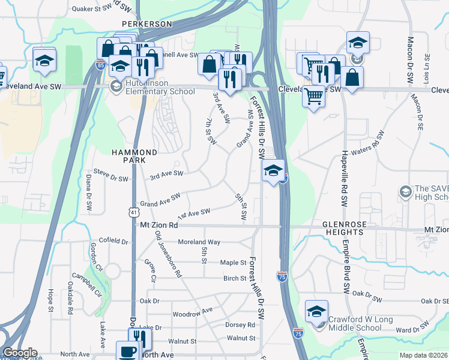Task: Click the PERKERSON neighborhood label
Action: (x=146, y=24)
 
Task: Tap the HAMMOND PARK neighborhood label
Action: (x=134, y=157)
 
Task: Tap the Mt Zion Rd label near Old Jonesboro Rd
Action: (x=159, y=226)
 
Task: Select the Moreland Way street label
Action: (x=199, y=242)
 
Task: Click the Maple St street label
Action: (x=234, y=263)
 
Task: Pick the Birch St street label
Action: (x=235, y=278)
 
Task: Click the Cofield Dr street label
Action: (x=113, y=241)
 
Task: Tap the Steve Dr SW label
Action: (x=111, y=178)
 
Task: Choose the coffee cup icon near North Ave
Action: (x=127, y=352)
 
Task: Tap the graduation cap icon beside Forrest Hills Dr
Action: (x=273, y=171)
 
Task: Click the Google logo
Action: (x=20, y=353)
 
